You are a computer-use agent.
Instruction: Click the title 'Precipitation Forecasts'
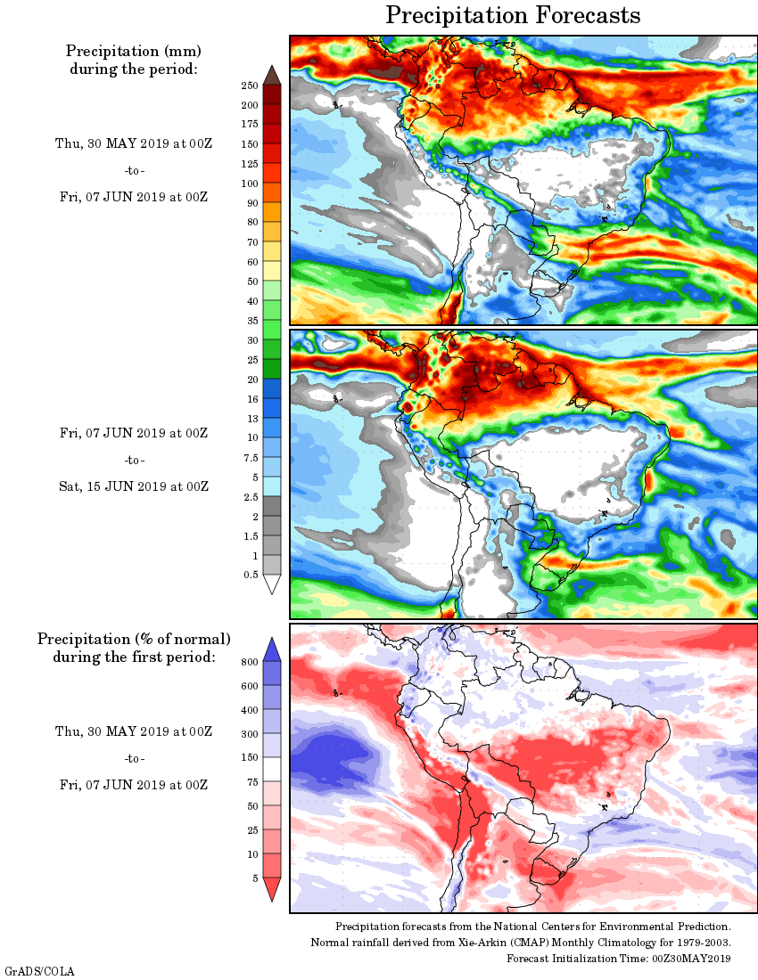(x=513, y=15)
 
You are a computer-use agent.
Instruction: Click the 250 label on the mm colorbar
(x=249, y=86)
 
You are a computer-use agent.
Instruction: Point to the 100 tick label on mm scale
(x=249, y=184)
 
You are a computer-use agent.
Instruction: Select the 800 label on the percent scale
(x=249, y=662)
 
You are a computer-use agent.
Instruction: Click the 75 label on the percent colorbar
(x=251, y=781)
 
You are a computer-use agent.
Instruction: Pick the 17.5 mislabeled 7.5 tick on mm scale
(x=251, y=458)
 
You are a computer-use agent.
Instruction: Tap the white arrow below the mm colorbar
(x=272, y=584)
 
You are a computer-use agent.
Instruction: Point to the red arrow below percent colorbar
(x=272, y=889)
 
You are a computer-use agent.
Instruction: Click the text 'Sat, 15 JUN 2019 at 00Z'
(x=134, y=486)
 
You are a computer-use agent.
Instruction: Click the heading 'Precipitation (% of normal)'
(x=134, y=639)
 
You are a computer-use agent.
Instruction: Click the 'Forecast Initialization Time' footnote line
(x=619, y=959)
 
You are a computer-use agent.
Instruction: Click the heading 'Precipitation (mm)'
(x=134, y=51)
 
